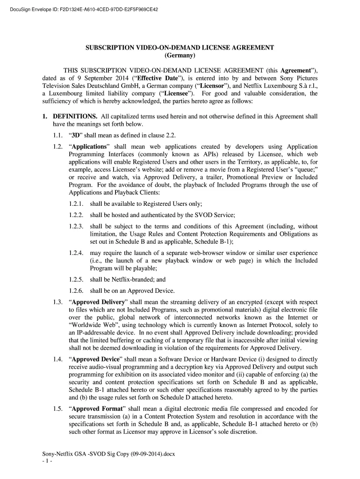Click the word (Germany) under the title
click(179, 56)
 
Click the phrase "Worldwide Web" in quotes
click(91, 325)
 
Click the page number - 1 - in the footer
click(47, 461)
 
